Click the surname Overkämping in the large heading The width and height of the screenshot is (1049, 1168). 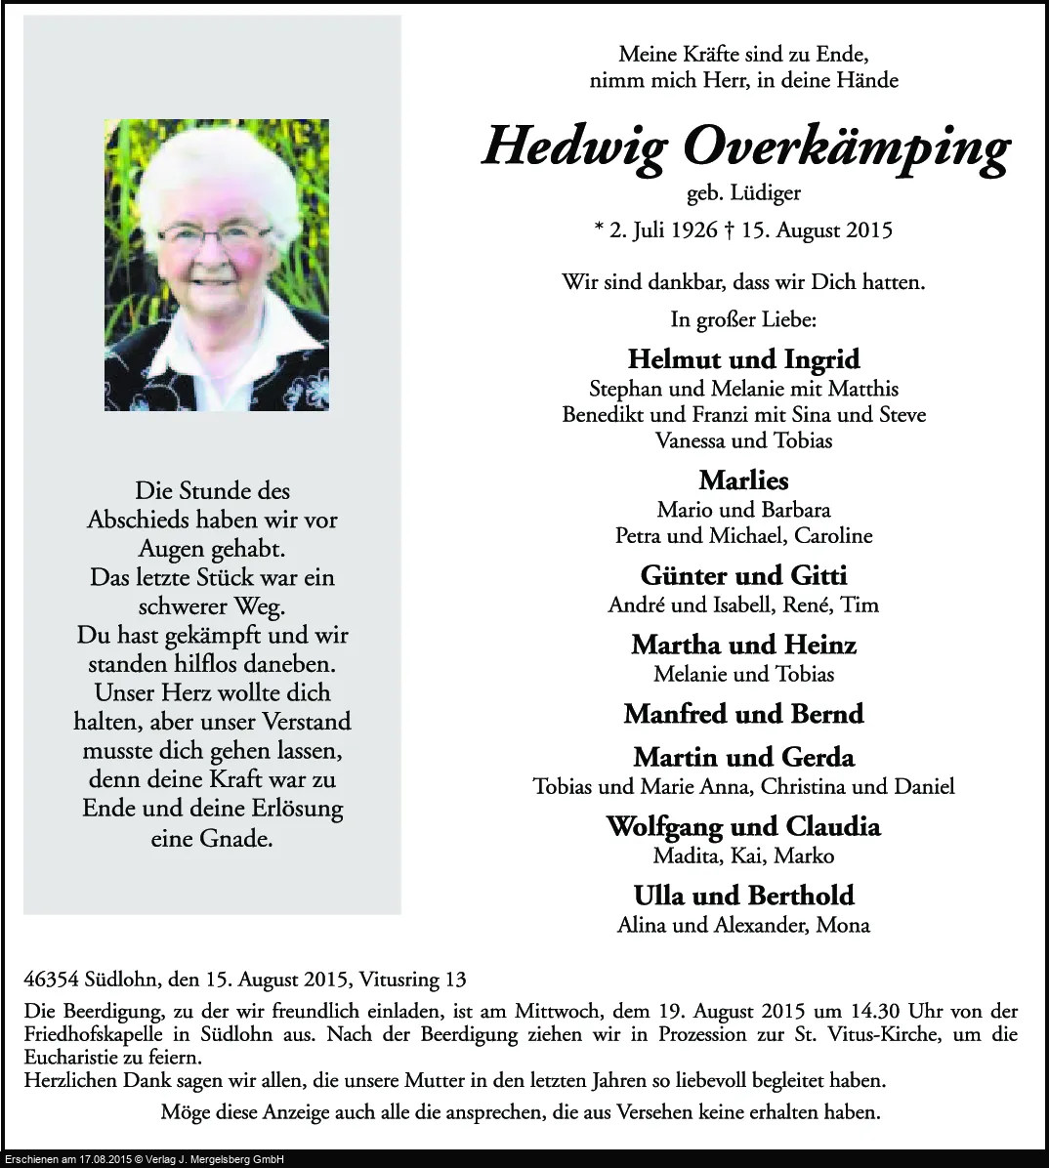(x=846, y=148)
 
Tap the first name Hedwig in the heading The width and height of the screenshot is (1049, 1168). (x=574, y=146)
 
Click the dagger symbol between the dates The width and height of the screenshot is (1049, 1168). (x=729, y=230)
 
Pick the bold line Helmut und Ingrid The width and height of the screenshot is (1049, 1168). (x=743, y=359)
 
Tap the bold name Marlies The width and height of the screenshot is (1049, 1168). (x=743, y=480)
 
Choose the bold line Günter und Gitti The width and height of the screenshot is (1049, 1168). (x=743, y=575)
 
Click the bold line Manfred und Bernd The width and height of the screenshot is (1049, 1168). (x=743, y=714)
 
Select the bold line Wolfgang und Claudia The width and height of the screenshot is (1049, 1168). (x=743, y=827)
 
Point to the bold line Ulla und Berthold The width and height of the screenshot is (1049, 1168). (x=743, y=896)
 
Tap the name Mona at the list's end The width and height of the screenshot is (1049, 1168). (x=847, y=925)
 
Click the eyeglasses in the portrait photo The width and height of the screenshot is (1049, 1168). (x=214, y=233)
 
